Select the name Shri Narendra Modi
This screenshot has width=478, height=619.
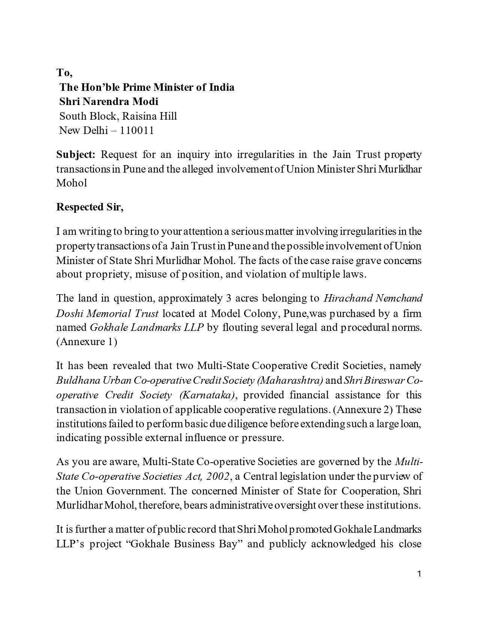(109, 101)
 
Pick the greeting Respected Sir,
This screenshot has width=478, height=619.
(90, 207)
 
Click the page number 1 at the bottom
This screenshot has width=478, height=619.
(420, 574)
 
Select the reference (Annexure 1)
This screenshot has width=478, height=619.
(87, 342)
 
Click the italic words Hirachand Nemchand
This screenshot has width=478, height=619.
(373, 298)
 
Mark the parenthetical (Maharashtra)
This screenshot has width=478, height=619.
(290, 380)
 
